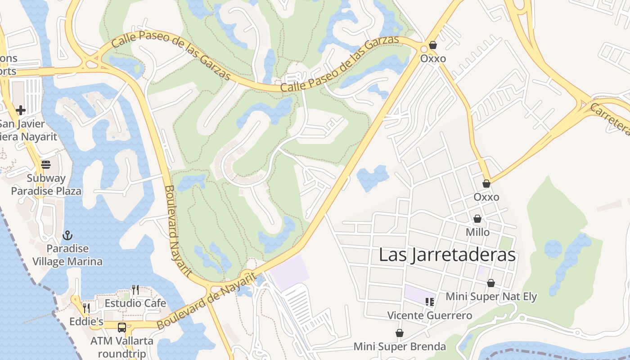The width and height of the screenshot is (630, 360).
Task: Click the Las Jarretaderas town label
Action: pos(447,255)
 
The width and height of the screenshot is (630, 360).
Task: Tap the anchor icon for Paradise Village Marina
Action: pos(67,235)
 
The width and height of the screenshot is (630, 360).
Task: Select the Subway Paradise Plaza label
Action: pos(46,184)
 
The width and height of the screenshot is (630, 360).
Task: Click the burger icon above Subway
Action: pos(46,165)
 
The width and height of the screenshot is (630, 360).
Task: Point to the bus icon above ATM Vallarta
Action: pos(122,327)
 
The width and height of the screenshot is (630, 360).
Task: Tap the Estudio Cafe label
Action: pos(135,303)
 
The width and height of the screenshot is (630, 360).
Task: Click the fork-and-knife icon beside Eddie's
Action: pos(86,308)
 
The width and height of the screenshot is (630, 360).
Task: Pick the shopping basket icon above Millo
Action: pos(477,219)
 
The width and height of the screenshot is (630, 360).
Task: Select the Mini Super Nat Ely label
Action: pos(491,297)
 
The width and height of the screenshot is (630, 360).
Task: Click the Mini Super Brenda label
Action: pos(400,346)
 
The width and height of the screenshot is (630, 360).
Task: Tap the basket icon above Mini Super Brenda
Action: pos(399,333)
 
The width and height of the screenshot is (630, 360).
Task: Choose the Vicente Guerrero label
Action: pos(430,315)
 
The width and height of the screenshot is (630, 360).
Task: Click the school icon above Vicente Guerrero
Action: pos(430,302)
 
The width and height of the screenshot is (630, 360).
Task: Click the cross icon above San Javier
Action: pos(21,110)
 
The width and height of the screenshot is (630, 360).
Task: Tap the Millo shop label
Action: pos(478,232)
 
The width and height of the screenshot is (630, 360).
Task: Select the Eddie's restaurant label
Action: pos(86,321)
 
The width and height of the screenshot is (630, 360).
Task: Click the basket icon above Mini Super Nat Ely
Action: pos(491,283)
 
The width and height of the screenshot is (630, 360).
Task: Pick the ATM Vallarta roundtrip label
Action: pos(122,347)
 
